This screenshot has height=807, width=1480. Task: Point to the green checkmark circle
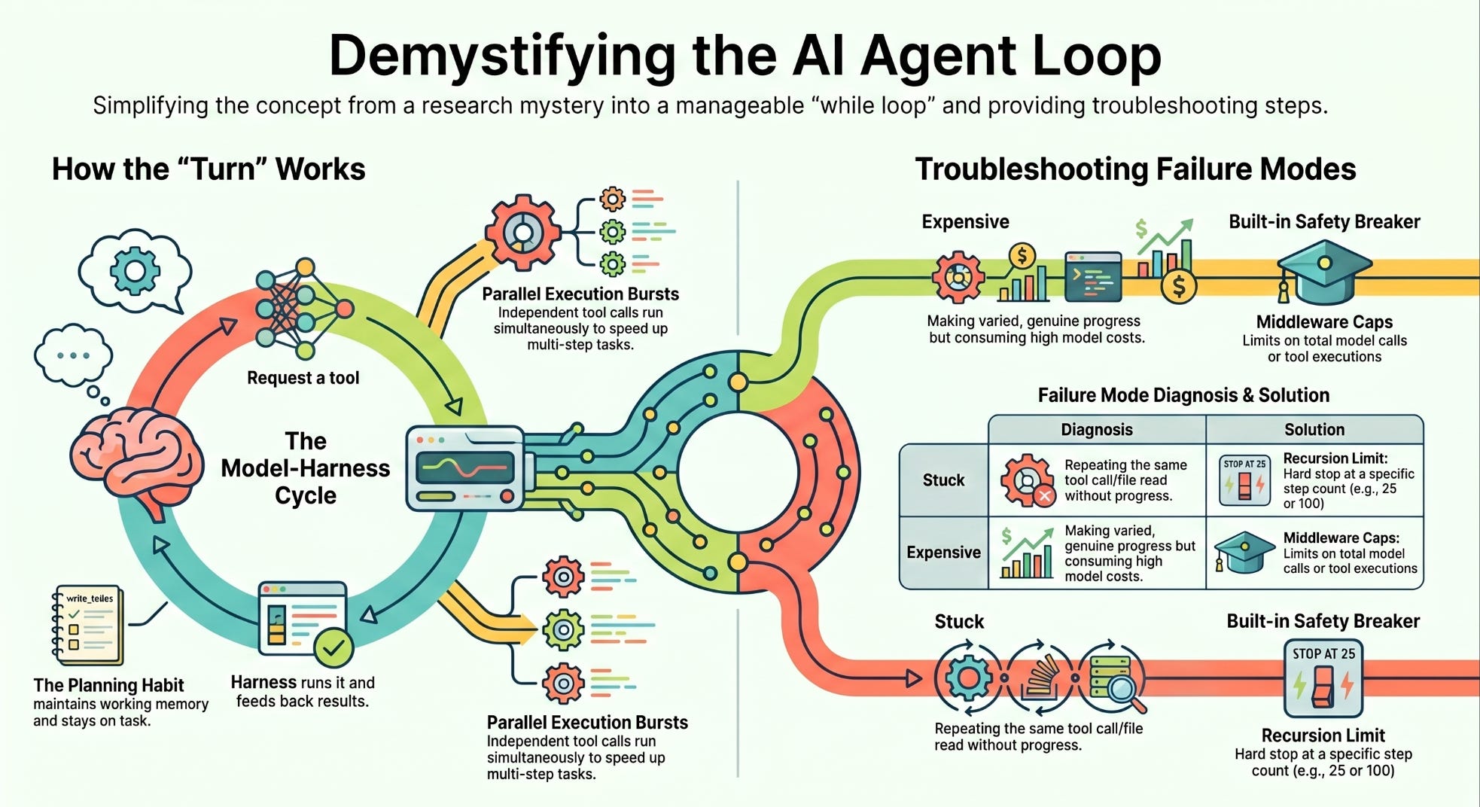pyautogui.click(x=333, y=647)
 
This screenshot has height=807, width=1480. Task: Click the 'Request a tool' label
pyautogui.click(x=303, y=378)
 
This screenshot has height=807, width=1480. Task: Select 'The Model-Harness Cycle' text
pyautogui.click(x=305, y=468)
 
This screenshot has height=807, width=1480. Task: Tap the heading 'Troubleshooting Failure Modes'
pyautogui.click(x=1135, y=169)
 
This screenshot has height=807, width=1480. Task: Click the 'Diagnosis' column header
pyautogui.click(x=1097, y=430)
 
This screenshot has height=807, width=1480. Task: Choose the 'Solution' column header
pyautogui.click(x=1314, y=430)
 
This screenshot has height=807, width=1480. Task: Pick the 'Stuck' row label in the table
pyautogui.click(x=943, y=480)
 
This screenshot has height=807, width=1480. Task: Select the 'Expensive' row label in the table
pyautogui.click(x=943, y=553)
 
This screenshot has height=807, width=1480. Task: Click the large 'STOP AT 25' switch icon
pyautogui.click(x=1323, y=678)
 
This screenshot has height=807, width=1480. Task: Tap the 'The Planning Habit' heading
pyautogui.click(x=108, y=685)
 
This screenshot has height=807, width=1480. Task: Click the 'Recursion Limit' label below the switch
pyautogui.click(x=1323, y=735)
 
